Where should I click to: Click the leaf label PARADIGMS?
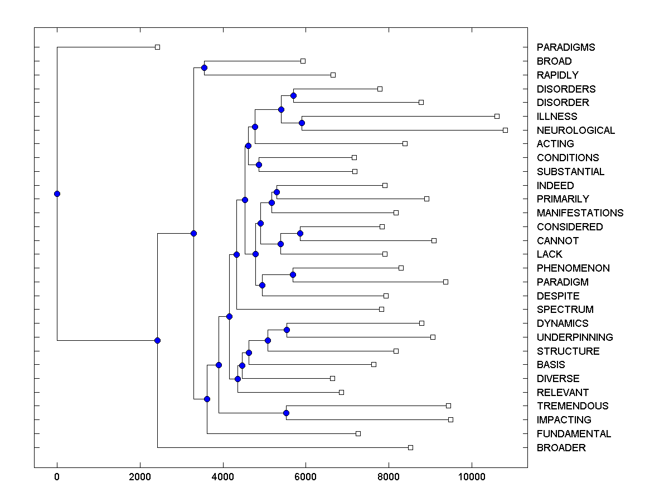[565, 47]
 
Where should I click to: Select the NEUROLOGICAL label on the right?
[575, 130]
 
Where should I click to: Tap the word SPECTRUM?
[565, 310]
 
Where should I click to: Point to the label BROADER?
[561, 447]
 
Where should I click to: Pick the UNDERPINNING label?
[574, 337]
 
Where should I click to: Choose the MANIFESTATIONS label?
[580, 213]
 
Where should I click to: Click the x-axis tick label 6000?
[306, 476]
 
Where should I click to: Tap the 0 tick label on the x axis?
[57, 476]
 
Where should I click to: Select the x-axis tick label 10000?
[472, 476]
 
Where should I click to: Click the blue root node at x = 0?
[57, 194]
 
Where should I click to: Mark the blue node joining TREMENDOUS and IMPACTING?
[286, 413]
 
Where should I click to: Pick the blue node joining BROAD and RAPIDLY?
[204, 67]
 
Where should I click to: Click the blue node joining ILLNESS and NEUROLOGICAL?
[302, 123]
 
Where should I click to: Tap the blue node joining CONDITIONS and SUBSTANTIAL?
[259, 165]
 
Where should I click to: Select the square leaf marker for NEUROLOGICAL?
[505, 130]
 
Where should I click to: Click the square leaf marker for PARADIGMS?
[157, 47]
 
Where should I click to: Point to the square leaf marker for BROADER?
[410, 447]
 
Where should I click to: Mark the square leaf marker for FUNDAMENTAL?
[358, 433]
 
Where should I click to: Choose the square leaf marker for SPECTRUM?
[381, 309]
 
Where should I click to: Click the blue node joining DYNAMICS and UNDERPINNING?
[287, 330]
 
